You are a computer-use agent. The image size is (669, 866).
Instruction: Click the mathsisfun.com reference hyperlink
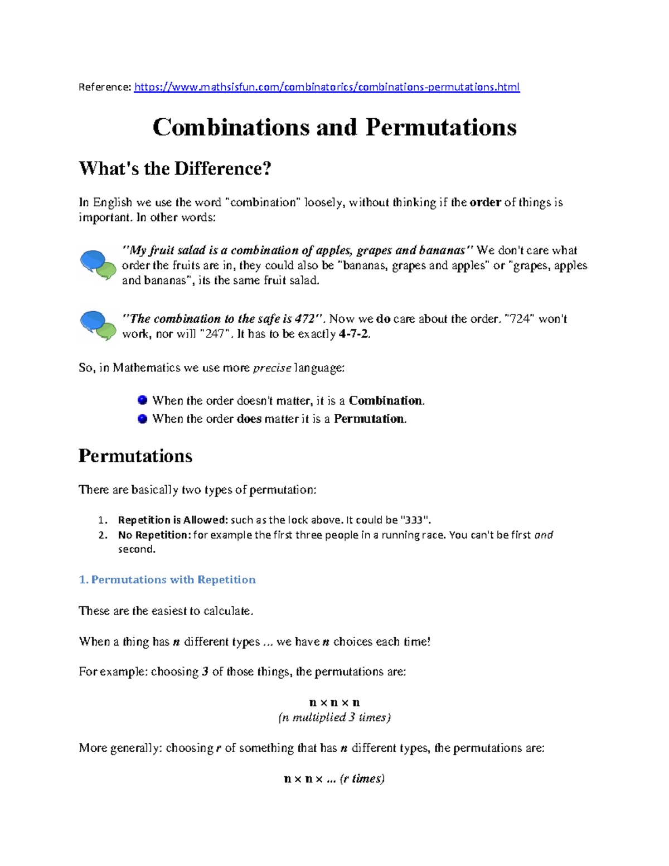coord(327,87)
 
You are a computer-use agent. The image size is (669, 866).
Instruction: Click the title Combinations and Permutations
coord(334,127)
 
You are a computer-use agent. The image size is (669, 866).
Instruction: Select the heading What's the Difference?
coord(174,168)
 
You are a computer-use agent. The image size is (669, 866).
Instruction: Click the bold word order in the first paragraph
coord(485,202)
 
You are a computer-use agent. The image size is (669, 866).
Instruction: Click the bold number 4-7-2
coord(353,334)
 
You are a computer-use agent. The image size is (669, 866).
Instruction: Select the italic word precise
coord(272,368)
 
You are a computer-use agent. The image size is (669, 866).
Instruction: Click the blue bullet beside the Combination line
coord(142,400)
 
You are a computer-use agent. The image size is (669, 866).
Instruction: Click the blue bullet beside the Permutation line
coord(142,419)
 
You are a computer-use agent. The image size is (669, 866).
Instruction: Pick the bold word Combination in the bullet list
coord(386,401)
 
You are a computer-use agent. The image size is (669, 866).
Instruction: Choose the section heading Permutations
coord(135,456)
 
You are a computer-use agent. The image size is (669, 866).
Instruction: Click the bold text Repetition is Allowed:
coord(173,520)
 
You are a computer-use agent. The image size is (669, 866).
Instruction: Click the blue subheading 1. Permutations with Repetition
coord(167,580)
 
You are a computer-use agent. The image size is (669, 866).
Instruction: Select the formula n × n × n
coord(334,703)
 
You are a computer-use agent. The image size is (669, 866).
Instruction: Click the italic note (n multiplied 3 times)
coord(334,718)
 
